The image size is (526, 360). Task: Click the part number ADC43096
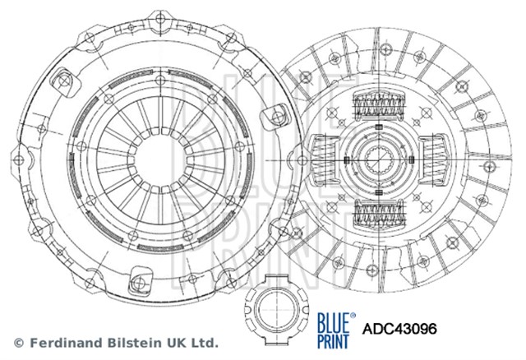coord(399,329)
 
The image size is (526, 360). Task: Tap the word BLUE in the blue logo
coord(334,321)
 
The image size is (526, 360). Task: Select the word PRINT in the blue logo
coord(333,340)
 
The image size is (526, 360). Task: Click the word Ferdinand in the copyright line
coord(67,343)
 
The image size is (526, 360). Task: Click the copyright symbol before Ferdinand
coord(19,344)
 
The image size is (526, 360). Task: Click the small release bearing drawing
coord(276,310)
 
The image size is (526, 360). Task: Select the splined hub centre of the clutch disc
coord(379,159)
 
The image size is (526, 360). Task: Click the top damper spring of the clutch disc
coord(379,105)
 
